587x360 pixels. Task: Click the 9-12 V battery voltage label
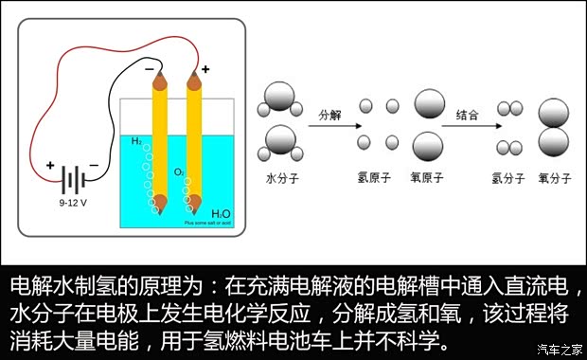(x=73, y=202)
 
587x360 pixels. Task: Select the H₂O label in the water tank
(x=220, y=214)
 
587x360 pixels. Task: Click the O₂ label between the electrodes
(x=179, y=171)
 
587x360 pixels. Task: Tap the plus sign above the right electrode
(x=205, y=70)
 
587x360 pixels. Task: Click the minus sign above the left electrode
(x=149, y=70)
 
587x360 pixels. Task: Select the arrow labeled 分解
(x=330, y=130)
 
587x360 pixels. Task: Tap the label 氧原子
(x=427, y=177)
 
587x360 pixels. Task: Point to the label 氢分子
(x=508, y=177)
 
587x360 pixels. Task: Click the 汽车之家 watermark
(x=559, y=348)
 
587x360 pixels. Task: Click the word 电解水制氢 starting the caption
(x=57, y=286)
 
